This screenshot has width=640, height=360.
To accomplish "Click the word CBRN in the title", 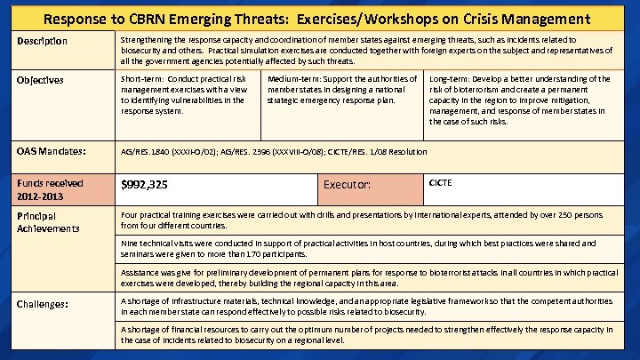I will [x=156, y=18].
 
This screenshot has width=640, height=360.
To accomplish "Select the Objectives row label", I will [x=40, y=80].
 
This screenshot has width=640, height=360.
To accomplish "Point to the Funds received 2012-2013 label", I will [x=45, y=189].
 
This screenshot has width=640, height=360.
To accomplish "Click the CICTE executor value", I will [x=441, y=182].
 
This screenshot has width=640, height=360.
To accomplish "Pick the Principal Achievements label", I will [x=48, y=221].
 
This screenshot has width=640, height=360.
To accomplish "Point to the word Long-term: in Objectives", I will [x=452, y=79].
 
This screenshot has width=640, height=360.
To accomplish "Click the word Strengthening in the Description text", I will [x=150, y=40].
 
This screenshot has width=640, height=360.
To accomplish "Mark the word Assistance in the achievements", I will [x=143, y=272].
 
